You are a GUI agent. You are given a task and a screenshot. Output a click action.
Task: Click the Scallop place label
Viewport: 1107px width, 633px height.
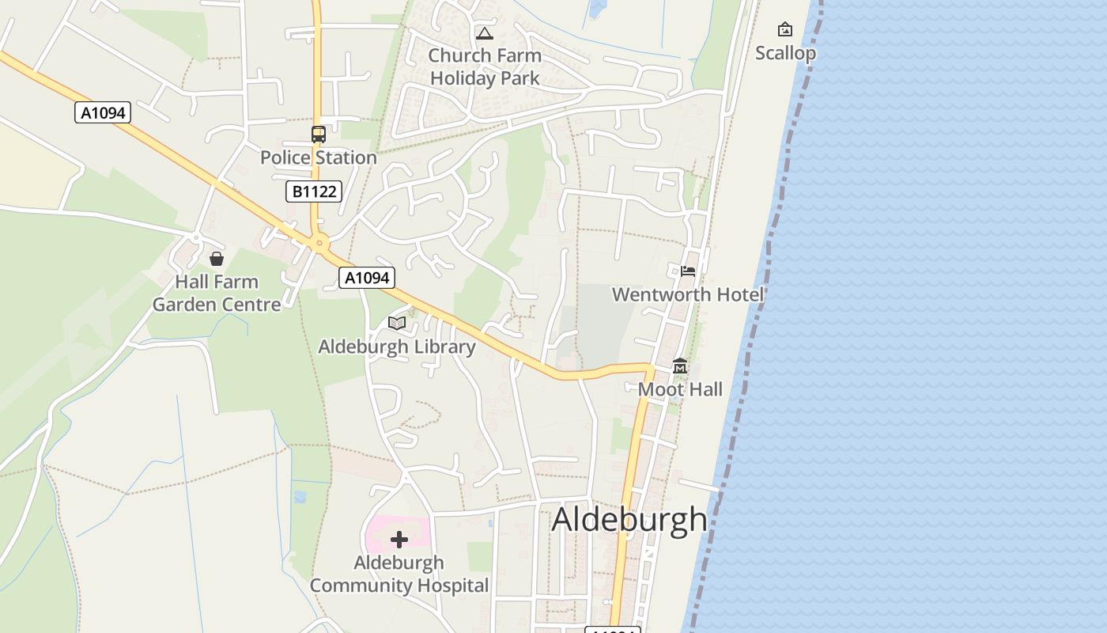[784, 53]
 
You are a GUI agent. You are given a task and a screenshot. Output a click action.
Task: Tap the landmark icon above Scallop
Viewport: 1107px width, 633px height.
[785, 29]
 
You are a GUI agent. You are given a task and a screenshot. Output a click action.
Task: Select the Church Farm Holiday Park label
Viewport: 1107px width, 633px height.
[485, 66]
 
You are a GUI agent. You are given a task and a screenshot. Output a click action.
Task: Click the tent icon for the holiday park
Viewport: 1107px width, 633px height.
[484, 33]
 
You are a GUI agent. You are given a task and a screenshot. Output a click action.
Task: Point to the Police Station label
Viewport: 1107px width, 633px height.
[318, 157]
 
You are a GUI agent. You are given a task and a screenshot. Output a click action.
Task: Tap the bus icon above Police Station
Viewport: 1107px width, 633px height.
[318, 135]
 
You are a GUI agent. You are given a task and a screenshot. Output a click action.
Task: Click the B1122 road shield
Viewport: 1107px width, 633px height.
[314, 191]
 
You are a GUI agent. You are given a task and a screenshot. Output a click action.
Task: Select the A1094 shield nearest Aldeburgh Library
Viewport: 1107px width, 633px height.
[367, 278]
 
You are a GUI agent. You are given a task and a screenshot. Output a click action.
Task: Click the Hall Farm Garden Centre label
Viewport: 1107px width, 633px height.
[217, 293]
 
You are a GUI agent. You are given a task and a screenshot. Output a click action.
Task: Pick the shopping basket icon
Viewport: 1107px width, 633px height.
[216, 259]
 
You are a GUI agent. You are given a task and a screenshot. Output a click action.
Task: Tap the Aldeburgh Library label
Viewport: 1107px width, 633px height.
[396, 347]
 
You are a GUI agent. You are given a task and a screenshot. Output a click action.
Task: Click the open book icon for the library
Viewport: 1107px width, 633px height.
[396, 323]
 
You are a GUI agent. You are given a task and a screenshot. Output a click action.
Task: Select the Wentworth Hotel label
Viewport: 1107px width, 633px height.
[688, 294]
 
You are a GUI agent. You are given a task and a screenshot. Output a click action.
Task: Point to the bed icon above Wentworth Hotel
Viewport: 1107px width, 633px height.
[688, 271]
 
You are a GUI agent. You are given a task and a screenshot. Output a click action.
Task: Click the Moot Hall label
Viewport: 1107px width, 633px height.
[680, 389]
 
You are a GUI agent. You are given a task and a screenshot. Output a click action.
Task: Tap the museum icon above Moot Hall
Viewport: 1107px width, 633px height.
[680, 366]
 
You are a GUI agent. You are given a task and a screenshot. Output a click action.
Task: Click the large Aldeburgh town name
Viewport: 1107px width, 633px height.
[629, 519]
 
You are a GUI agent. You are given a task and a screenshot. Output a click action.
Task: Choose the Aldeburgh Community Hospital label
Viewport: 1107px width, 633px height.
[399, 574]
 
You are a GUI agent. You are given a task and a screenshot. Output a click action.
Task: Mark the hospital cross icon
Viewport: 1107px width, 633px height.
[399, 540]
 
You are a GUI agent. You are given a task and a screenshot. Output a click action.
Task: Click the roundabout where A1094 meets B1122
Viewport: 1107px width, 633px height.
[319, 243]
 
